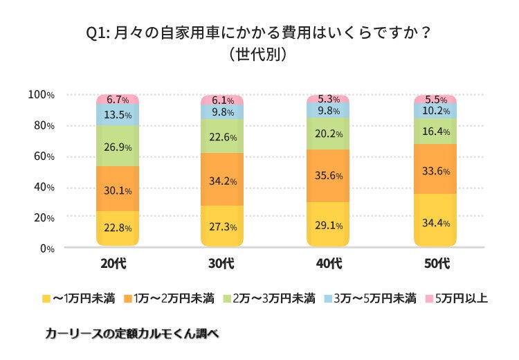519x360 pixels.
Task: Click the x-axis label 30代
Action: click(222, 264)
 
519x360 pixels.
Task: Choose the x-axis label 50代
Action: click(435, 264)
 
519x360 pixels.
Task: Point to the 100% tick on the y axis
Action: click(41, 94)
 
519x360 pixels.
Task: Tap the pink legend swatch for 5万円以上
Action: click(428, 299)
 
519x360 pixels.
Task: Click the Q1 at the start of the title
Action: click(95, 32)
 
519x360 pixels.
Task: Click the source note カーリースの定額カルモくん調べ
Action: click(131, 333)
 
